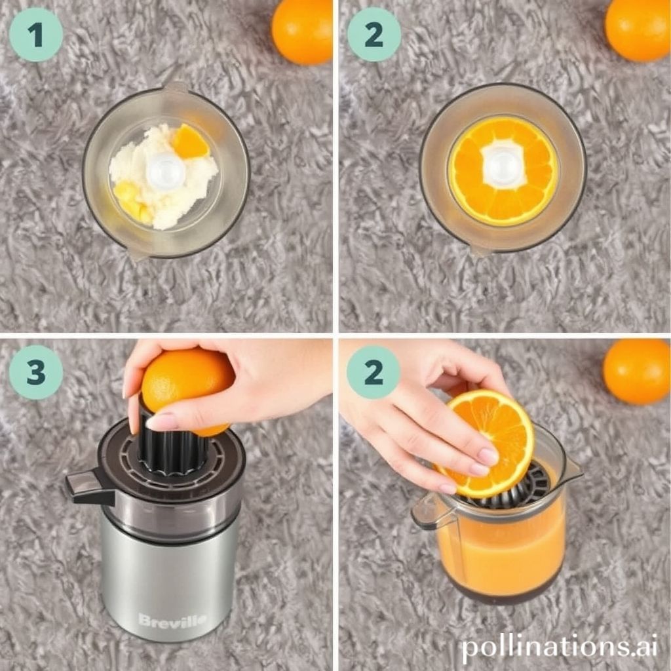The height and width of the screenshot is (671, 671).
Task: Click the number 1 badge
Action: click(x=35, y=35)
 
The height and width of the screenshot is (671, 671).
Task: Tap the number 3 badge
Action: click(x=35, y=372)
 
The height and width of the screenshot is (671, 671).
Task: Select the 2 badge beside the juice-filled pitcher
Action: click(x=374, y=372)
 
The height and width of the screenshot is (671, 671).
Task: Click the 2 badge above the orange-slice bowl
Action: click(x=374, y=35)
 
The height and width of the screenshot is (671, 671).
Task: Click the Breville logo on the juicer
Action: click(x=172, y=620)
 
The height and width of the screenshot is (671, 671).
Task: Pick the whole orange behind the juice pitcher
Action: click(x=636, y=371)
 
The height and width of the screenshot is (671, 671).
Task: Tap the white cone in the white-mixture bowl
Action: click(x=165, y=172)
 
